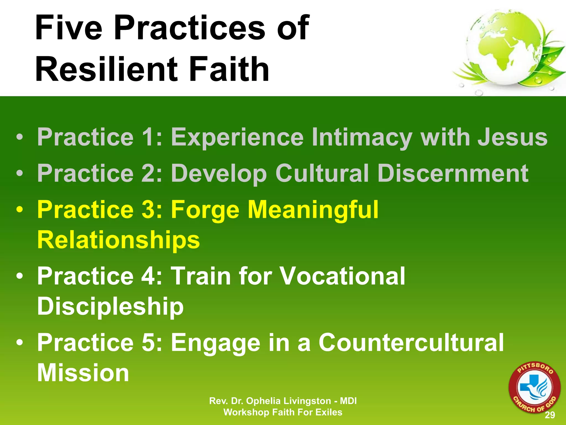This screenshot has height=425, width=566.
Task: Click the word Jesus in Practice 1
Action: click(x=513, y=137)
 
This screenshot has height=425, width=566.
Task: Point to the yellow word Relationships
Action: click(x=118, y=240)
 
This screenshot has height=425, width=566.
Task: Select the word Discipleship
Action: click(x=110, y=306)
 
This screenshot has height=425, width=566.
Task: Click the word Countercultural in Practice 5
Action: click(x=411, y=343)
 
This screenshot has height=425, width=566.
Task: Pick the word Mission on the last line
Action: click(x=83, y=373)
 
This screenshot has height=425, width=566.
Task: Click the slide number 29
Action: click(x=550, y=415)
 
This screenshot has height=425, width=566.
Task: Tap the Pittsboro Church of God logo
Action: click(x=534, y=388)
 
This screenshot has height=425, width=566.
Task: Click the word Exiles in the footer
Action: click(x=329, y=412)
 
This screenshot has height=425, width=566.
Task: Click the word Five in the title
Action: click(x=69, y=28)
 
